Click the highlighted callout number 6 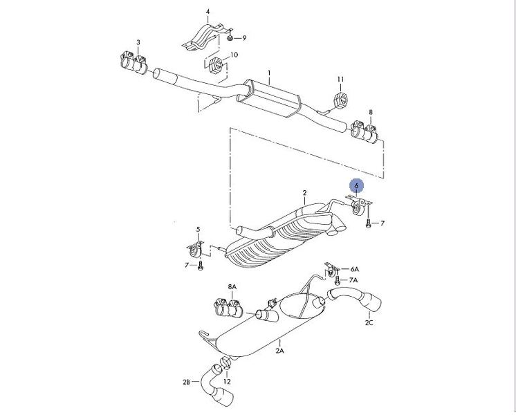(x=356, y=186)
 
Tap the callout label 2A (x=279, y=351)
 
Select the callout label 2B (x=186, y=382)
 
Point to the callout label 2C (x=369, y=322)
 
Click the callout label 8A (x=232, y=286)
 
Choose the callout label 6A (x=354, y=269)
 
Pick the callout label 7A (x=353, y=280)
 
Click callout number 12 (x=227, y=381)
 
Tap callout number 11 (x=340, y=80)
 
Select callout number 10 (x=234, y=55)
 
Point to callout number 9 (x=244, y=38)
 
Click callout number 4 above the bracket (x=208, y=12)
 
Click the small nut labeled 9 (x=230, y=38)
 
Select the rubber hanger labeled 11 (x=340, y=100)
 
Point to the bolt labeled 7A (x=337, y=281)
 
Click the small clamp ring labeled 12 (x=225, y=362)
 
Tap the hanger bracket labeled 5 (x=196, y=250)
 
